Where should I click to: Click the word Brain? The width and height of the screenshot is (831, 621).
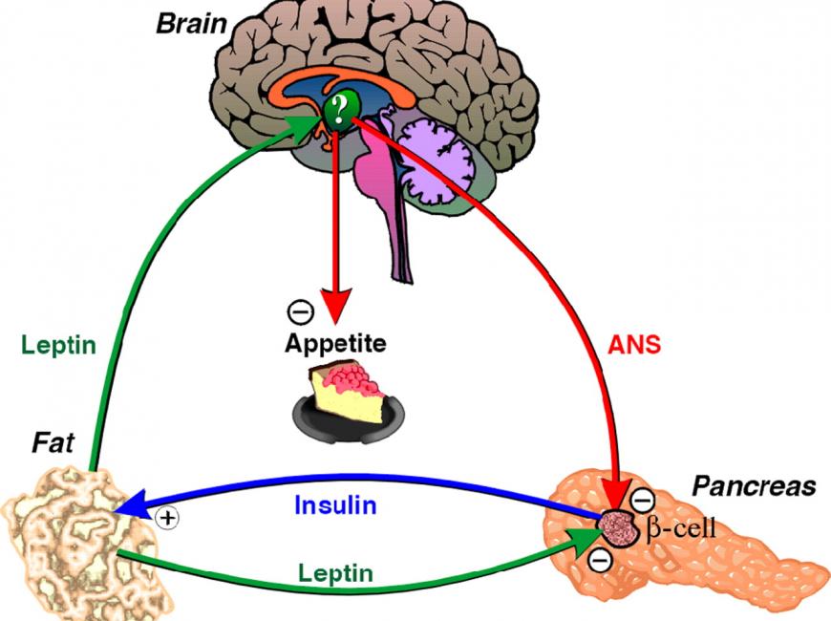pos(191,25)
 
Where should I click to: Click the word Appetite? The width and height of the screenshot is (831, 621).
pos(335,344)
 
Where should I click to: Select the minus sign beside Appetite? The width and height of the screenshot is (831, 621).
pos(301,311)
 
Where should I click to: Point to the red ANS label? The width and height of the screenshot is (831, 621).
pos(634,345)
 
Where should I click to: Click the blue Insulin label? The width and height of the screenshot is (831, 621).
pos(335,504)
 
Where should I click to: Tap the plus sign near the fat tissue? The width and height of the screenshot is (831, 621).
pos(167,517)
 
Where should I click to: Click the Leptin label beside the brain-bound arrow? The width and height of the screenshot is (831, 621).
pos(59,345)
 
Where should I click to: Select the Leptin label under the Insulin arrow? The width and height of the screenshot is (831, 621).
pos(335,573)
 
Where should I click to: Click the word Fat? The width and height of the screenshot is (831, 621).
pos(53,443)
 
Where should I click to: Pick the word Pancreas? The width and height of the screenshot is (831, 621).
pos(754,485)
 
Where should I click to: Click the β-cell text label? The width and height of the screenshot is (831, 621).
pos(681,528)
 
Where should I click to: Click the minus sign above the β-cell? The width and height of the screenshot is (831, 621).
pos(642,499)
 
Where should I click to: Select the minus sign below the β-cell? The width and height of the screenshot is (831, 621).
pos(601,559)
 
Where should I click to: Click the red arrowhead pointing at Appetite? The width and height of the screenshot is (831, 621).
pos(334,306)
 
